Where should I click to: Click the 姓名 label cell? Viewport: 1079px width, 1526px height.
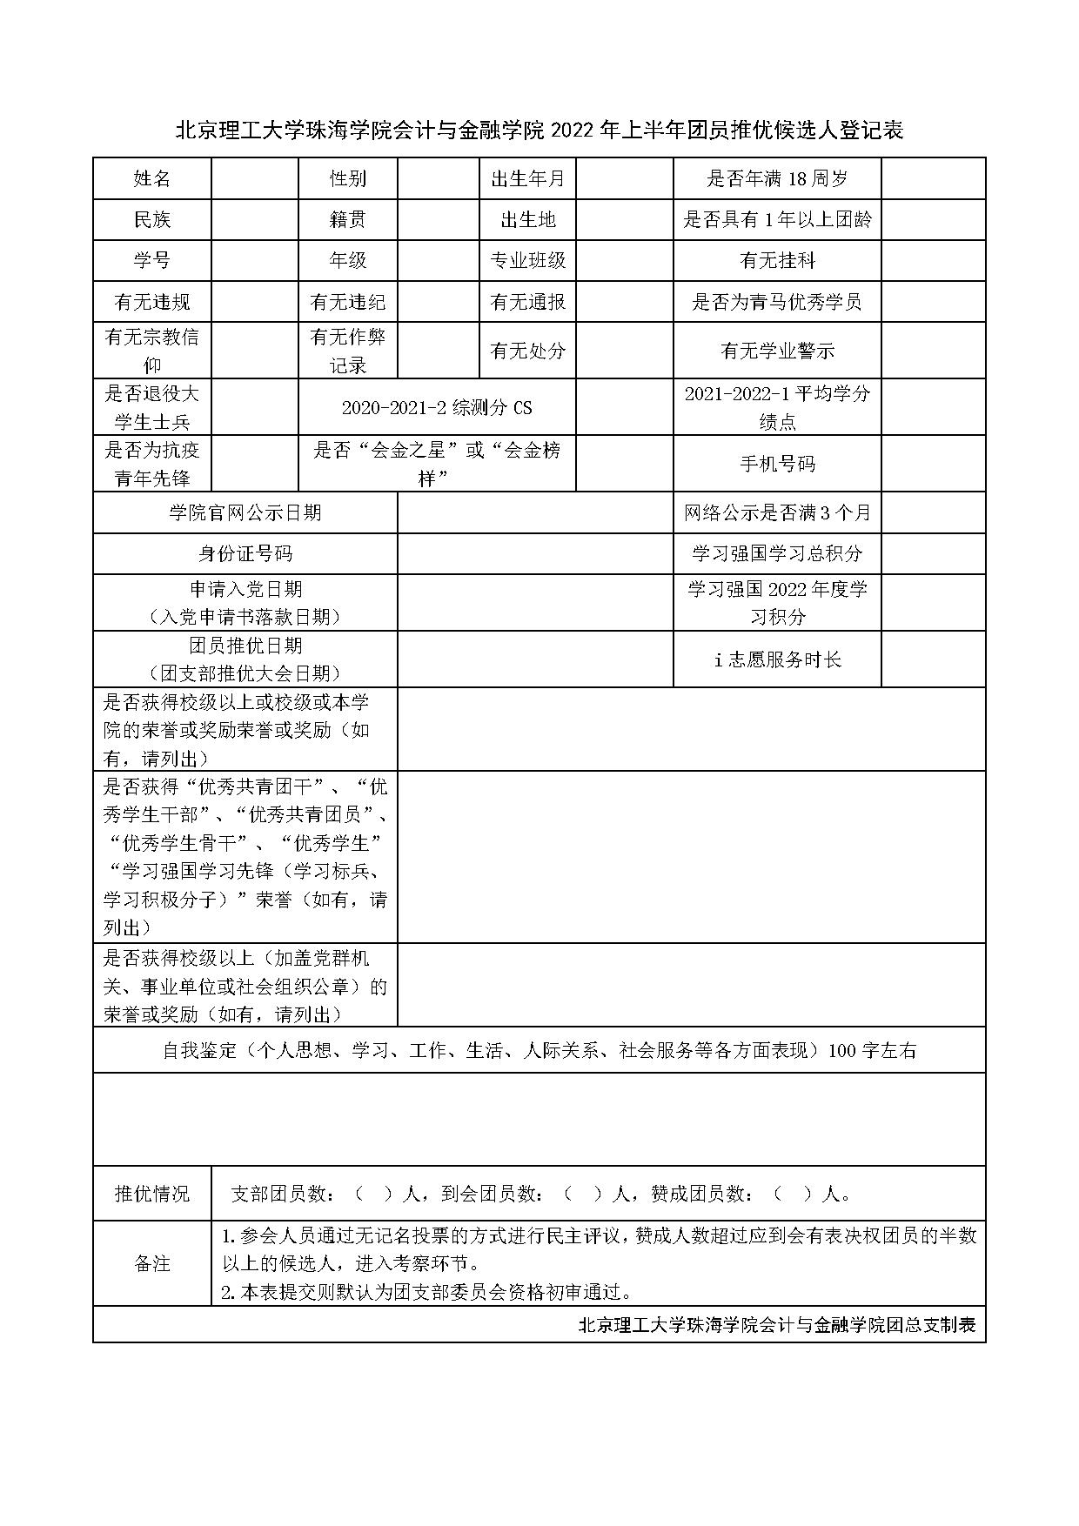point(152,179)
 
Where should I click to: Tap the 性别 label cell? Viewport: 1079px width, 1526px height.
point(347,179)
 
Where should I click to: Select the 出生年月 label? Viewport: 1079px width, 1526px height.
point(527,179)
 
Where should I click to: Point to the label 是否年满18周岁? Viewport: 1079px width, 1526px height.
point(777,179)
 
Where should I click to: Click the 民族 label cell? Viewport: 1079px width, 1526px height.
point(152,220)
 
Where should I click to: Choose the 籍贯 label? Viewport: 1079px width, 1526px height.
point(347,220)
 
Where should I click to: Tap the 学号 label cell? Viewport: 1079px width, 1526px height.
point(152,260)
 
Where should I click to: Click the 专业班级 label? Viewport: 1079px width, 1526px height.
point(527,260)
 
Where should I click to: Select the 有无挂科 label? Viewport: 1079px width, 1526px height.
point(777,260)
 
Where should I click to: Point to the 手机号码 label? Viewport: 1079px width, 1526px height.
point(777,464)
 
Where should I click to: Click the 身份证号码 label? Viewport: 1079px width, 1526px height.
point(245,553)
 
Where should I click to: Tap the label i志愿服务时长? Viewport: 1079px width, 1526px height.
point(777,659)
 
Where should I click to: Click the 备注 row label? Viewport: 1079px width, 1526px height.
point(152,1263)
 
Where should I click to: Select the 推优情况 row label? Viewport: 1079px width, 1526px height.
point(152,1194)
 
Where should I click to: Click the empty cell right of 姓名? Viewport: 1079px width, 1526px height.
point(254,179)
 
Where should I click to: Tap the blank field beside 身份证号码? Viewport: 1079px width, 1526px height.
point(535,553)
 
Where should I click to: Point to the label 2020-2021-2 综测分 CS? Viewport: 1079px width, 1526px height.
point(437,407)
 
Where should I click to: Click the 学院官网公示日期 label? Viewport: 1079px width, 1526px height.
point(245,512)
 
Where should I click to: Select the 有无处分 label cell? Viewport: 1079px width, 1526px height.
point(527,351)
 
